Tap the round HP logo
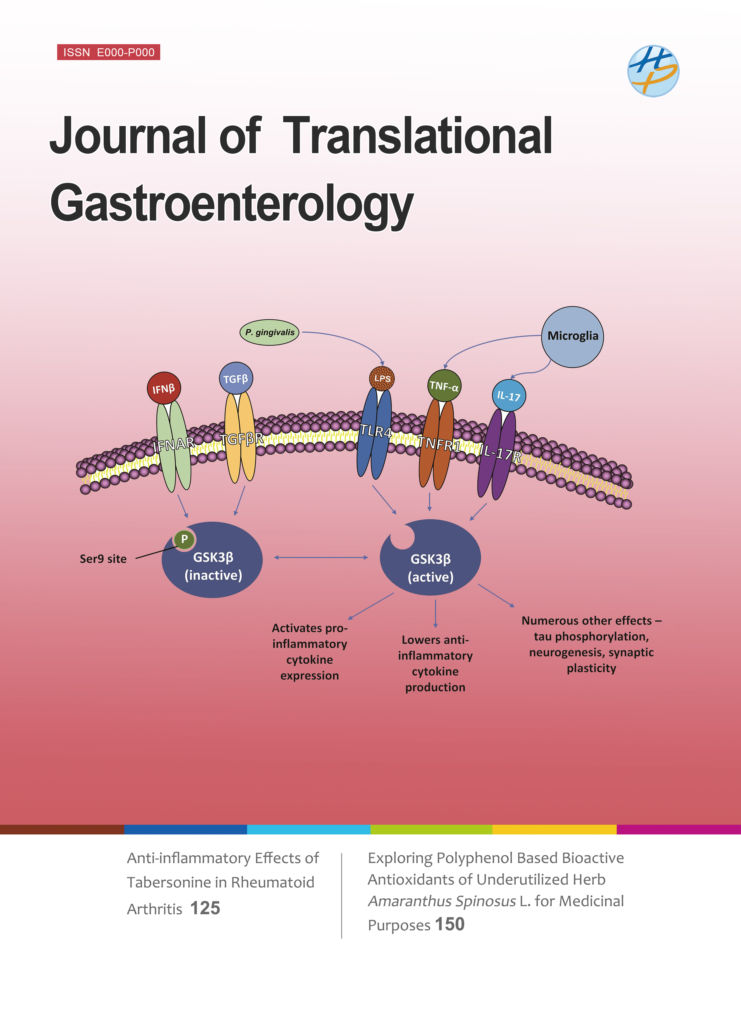pos(653,71)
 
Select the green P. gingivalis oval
pos(269,332)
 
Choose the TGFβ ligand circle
pos(236,378)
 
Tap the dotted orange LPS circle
pos(382,378)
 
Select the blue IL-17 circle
pos(509,395)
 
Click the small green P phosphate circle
pos(184,539)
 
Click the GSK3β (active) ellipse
pos(430,567)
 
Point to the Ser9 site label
pos(103,559)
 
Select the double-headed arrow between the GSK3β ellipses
pos(321,557)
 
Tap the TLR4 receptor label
pos(376,431)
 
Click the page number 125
pos(205,908)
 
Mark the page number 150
pos(449,924)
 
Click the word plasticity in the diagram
pos(591,668)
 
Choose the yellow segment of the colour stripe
pos(554,829)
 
